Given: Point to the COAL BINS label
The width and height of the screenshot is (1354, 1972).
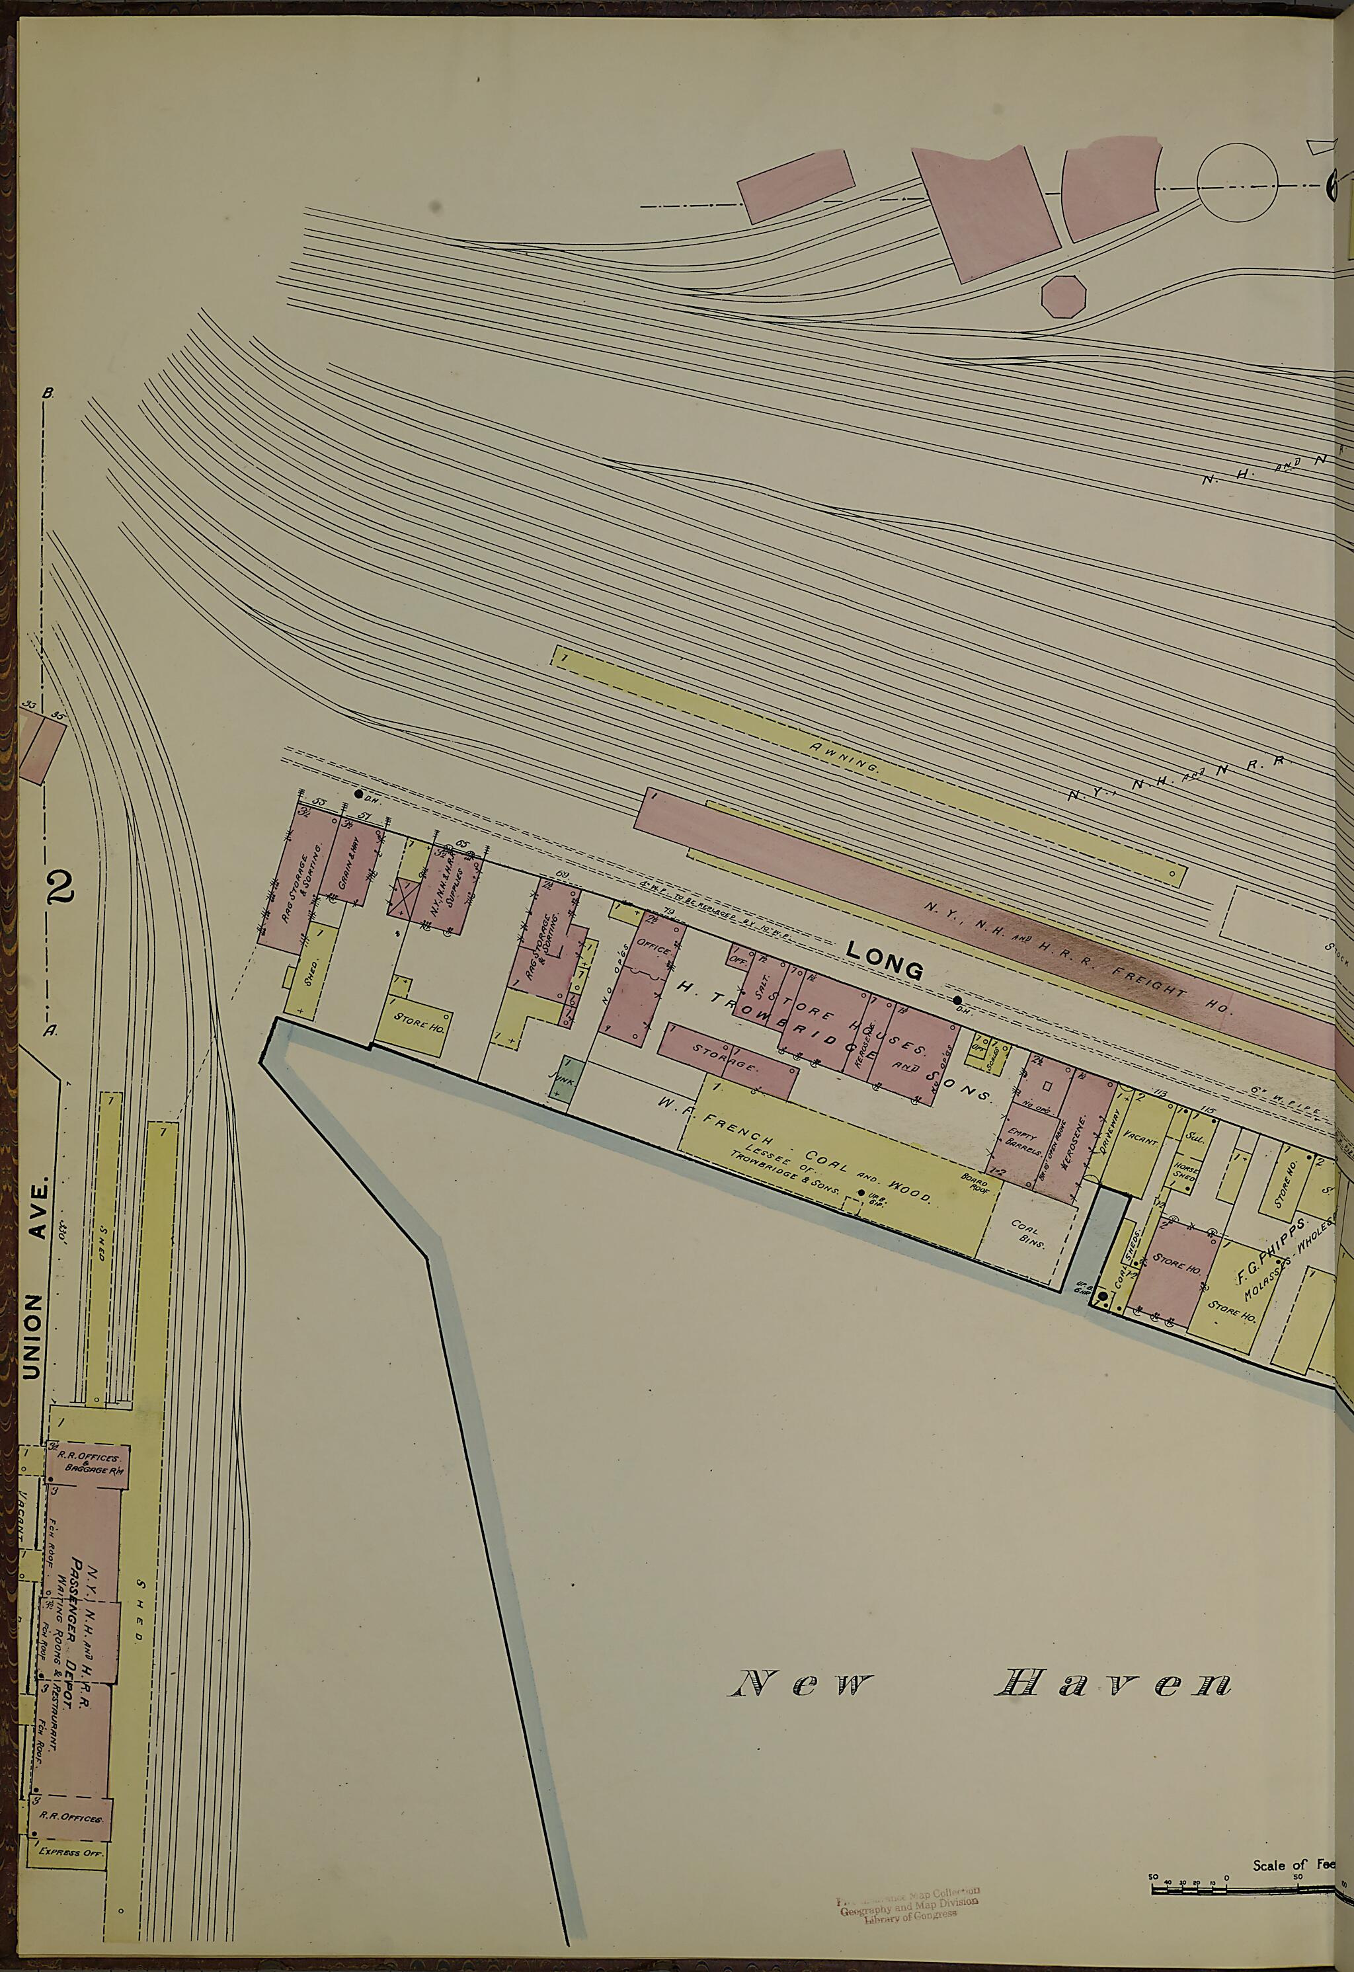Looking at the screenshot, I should click(1029, 1236).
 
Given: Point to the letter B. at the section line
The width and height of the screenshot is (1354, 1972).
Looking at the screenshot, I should click(48, 393).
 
